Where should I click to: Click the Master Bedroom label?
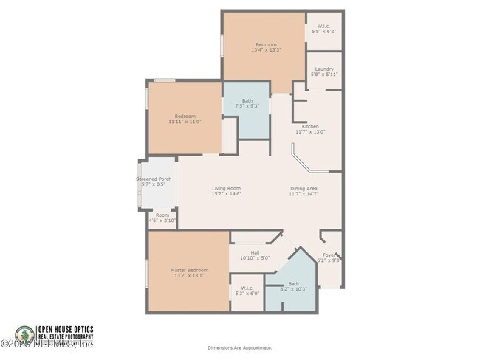point(190,270)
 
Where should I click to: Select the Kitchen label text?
point(310,126)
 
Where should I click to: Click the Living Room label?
point(226,188)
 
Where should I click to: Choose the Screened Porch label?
point(154,179)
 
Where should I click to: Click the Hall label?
point(254,252)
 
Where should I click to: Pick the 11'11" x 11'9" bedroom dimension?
point(185,121)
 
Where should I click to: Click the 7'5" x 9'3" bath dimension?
point(247,106)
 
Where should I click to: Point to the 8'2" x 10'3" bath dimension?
point(293,289)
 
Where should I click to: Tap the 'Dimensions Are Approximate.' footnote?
point(239,347)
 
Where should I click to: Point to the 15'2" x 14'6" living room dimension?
point(226,193)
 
